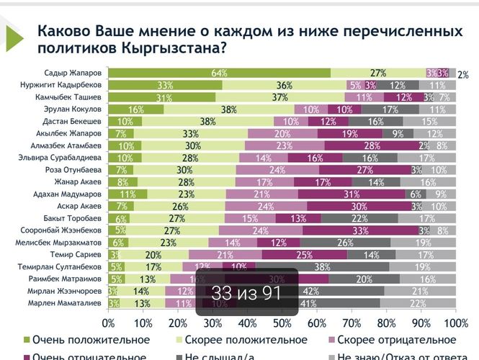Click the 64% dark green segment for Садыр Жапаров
[x=220, y=73]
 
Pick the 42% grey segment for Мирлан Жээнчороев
[x=312, y=291]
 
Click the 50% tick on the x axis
[x=282, y=322]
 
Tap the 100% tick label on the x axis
[x=455, y=322]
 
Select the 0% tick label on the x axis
[x=109, y=322]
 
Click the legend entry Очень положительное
[x=105, y=339]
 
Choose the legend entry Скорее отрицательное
[x=395, y=339]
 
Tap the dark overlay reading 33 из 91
[x=246, y=293]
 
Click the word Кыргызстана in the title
[x=166, y=49]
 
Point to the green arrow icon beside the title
[x=15, y=40]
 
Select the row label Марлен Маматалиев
[x=69, y=303]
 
